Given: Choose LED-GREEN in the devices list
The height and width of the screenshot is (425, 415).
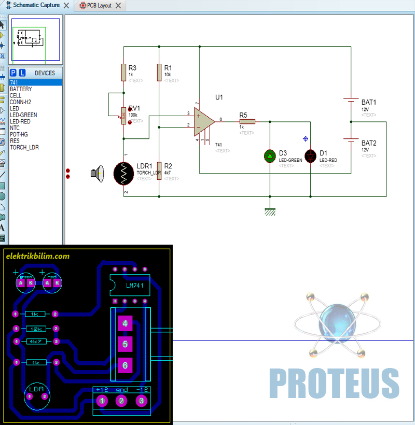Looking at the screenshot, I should [23, 115].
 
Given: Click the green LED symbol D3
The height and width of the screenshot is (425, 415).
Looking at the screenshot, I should [270, 155].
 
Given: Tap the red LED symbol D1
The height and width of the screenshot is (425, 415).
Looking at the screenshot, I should [310, 155].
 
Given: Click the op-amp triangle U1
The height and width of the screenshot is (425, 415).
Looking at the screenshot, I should [203, 121].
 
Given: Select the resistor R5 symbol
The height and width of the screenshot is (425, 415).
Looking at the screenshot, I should [247, 122].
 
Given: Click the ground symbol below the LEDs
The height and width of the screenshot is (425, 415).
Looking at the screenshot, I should [270, 210].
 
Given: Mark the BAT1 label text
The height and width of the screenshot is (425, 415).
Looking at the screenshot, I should [369, 103].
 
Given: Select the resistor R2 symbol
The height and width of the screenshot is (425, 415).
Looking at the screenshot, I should [159, 169].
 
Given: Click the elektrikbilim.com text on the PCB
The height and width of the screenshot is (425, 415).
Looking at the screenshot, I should [37, 256].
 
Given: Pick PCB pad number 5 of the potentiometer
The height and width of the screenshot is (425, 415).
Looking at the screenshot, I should [125, 344].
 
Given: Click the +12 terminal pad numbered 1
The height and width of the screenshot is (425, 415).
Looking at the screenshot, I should [102, 401].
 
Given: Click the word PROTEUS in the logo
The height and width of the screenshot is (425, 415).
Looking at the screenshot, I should [334, 383].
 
